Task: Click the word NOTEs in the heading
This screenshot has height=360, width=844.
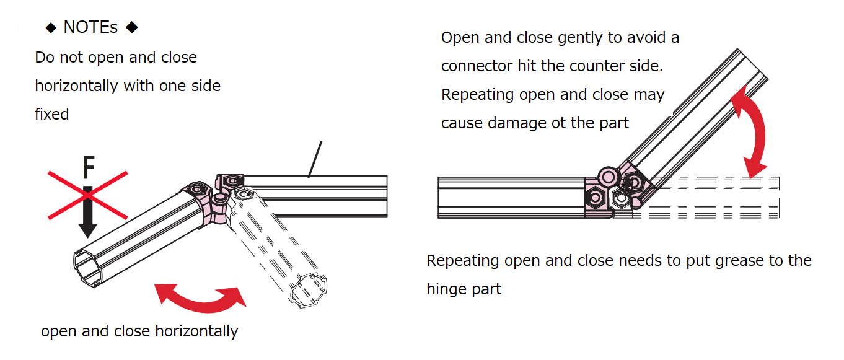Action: click(x=90, y=28)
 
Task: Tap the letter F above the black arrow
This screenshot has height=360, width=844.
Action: click(x=89, y=167)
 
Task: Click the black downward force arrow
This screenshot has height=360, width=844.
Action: click(x=88, y=211)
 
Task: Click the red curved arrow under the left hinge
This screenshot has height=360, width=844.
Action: click(x=200, y=296)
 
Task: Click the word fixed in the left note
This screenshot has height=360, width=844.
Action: click(x=51, y=114)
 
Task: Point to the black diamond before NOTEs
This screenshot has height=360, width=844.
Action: click(x=51, y=28)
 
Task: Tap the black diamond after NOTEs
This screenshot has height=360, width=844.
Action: click(x=131, y=28)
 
